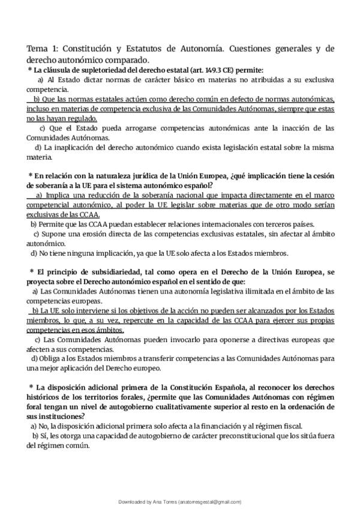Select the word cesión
[320, 175]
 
